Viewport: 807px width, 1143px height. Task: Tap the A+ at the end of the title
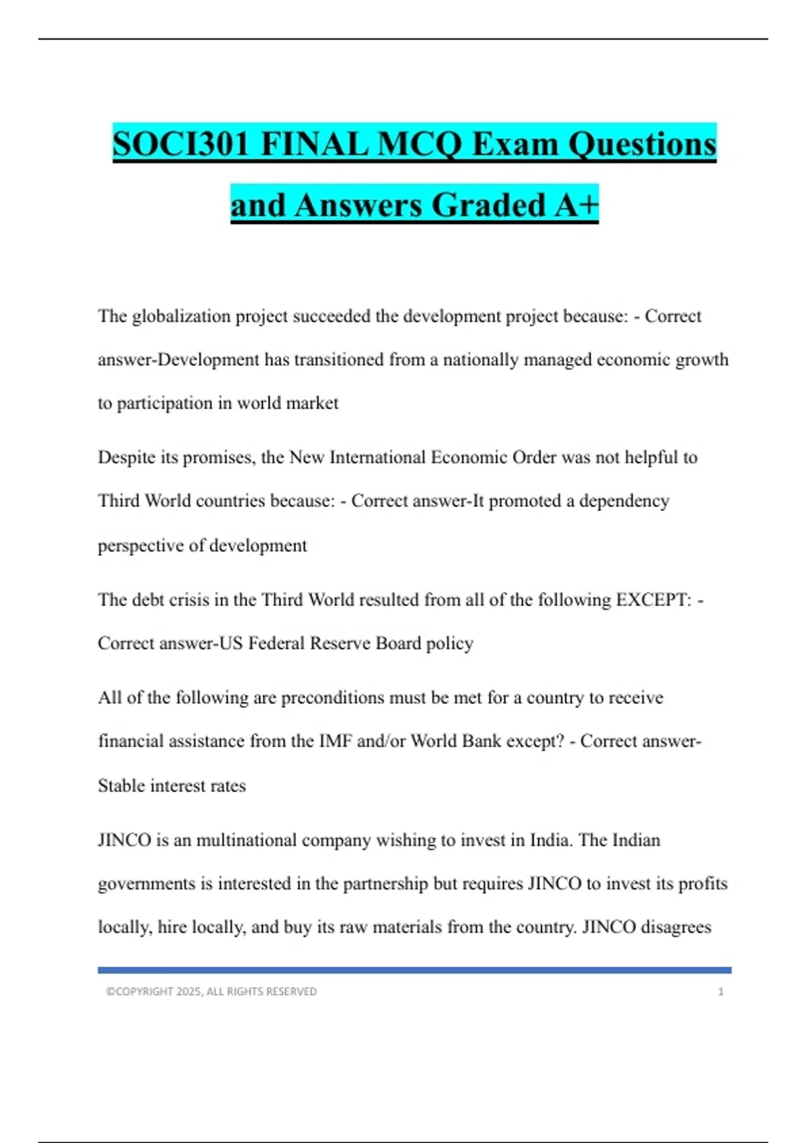pyautogui.click(x=576, y=205)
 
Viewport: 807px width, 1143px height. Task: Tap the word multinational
pyautogui.click(x=246, y=840)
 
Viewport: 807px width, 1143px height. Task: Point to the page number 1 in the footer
pyautogui.click(x=721, y=992)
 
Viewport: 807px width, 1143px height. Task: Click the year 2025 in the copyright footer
pyautogui.click(x=188, y=992)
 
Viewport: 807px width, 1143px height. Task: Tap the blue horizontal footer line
pyautogui.click(x=414, y=970)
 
